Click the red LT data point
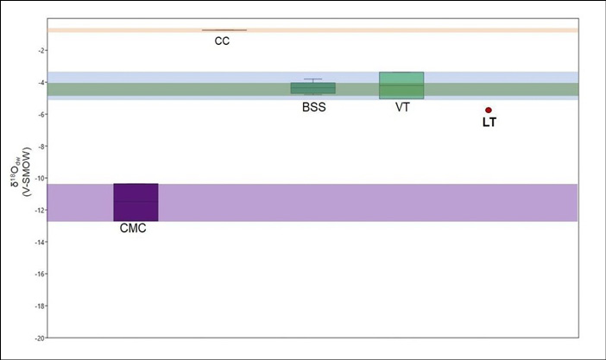pos(489,111)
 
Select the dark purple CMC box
pos(136,202)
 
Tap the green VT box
pos(401,85)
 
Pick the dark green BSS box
pos(313,88)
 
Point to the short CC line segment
pos(224,29)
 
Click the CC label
pos(222,41)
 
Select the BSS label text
pos(314,107)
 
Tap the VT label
pos(402,107)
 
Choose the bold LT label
pos(489,123)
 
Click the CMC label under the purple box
pos(133,228)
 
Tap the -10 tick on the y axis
pos(41,178)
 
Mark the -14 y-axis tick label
pos(41,242)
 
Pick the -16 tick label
pos(41,274)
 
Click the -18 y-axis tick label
pos(41,306)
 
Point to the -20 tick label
pos(41,338)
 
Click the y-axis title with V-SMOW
pos(22,172)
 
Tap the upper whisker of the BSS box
pos(313,80)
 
